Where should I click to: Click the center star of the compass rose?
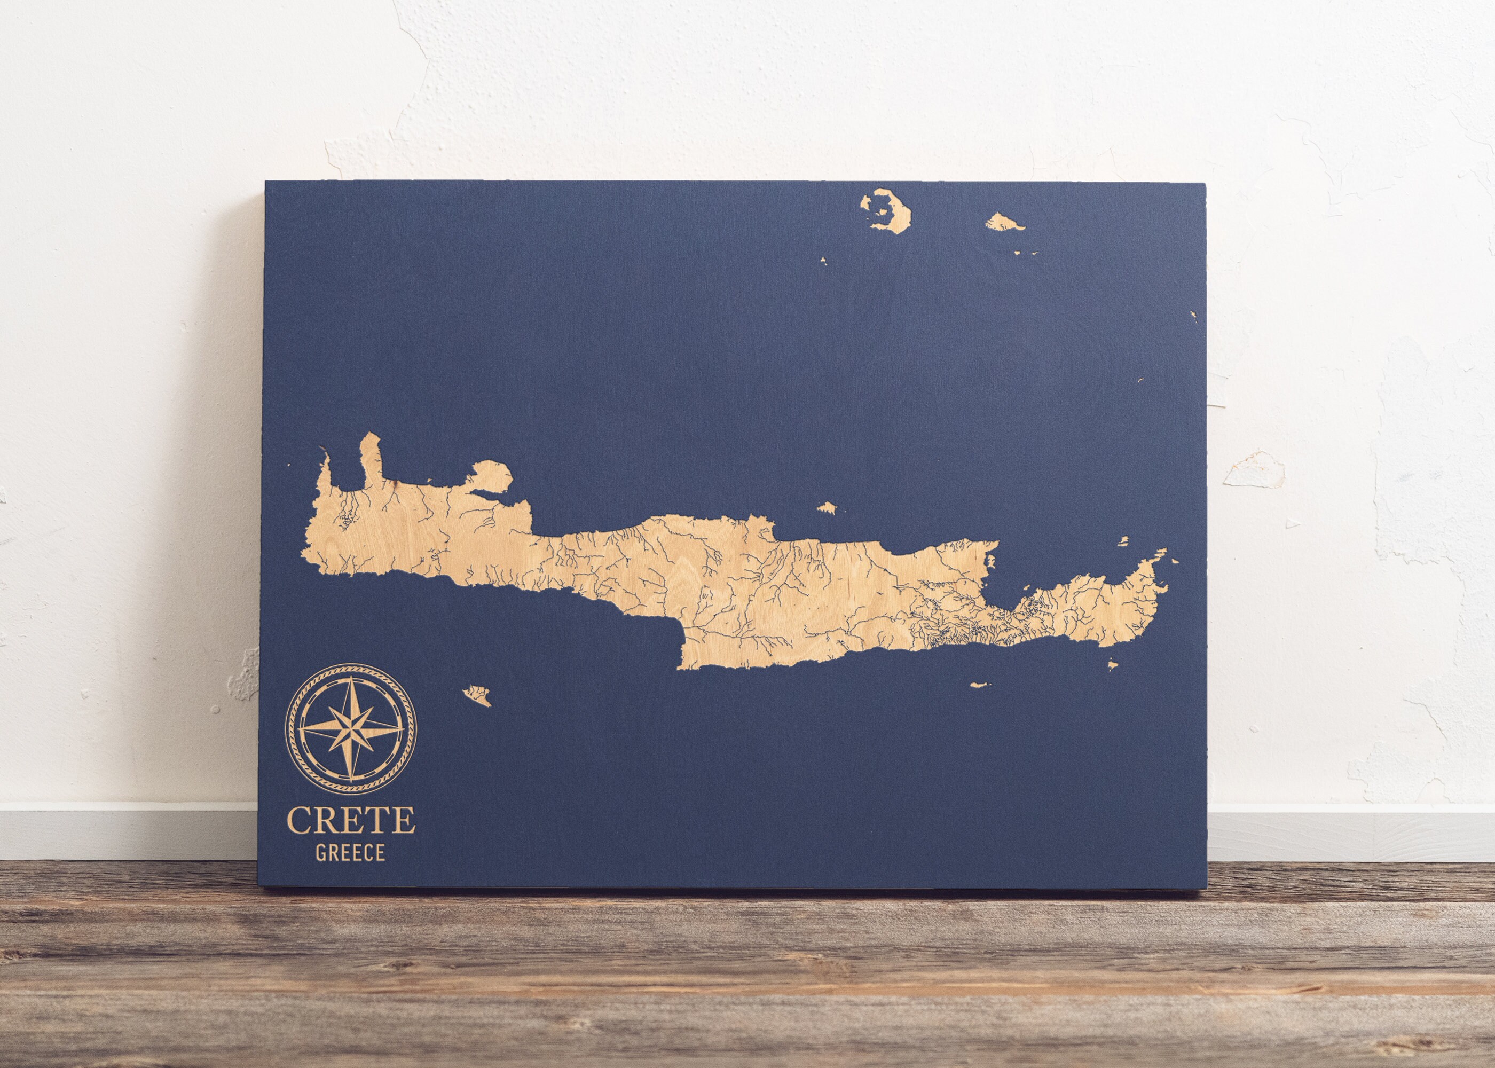pos(350,728)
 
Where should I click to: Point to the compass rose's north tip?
pos(350,677)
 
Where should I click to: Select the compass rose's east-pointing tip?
pos(403,728)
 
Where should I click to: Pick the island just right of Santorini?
pos(1002,222)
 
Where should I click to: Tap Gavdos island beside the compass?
pos(477,694)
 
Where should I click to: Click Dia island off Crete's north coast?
pos(827,508)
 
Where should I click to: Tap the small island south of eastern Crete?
pos(980,685)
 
